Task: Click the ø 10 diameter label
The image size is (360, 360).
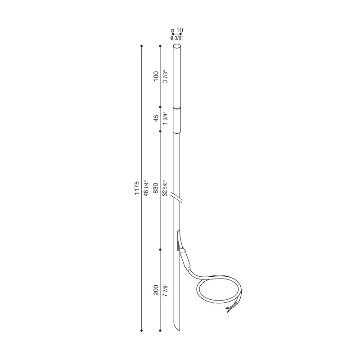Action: (177, 30)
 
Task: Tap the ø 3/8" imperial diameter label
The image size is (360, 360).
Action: (177, 38)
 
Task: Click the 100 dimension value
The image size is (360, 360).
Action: (156, 76)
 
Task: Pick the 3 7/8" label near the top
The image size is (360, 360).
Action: (165, 76)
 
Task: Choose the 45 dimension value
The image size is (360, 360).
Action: (156, 118)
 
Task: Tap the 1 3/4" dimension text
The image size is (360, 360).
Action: (165, 118)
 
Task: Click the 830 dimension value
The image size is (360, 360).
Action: (156, 188)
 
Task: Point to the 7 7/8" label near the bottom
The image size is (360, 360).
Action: (165, 290)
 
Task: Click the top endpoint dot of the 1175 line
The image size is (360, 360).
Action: (142, 46)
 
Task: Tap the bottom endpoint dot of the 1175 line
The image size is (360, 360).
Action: (142, 331)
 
